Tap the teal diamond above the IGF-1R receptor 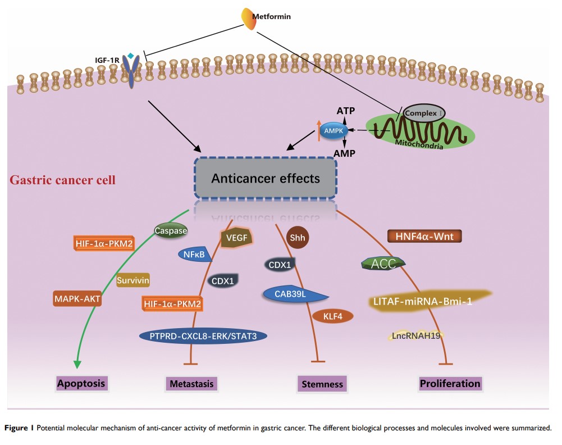click(131, 55)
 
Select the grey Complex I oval click(424, 111)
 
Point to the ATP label click(343, 111)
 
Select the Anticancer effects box click(265, 179)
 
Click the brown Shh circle click(295, 237)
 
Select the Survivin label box click(136, 280)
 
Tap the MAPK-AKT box click(77, 298)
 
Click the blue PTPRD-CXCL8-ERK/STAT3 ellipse click(203, 335)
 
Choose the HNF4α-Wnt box click(425, 236)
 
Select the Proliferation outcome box click(450, 384)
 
